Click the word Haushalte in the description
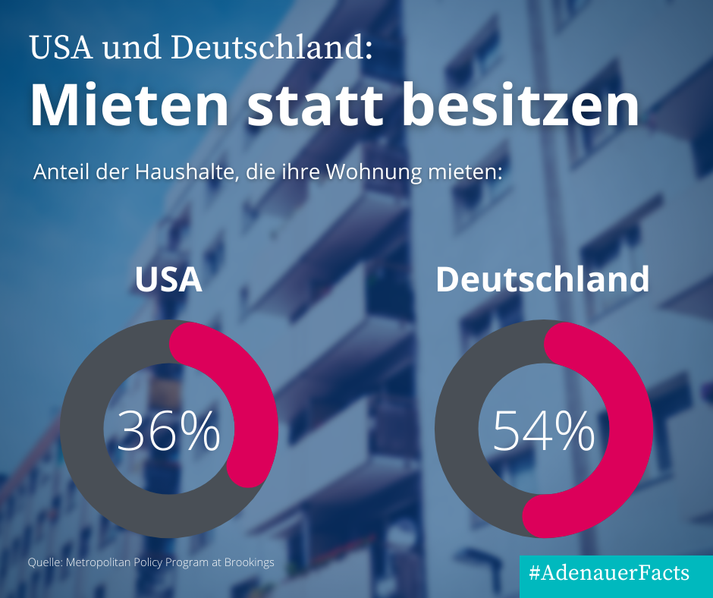(x=176, y=171)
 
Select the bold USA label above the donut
(x=168, y=279)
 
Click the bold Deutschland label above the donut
(x=542, y=279)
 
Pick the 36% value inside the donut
(x=168, y=431)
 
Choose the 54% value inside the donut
(x=543, y=431)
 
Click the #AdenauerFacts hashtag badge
(x=615, y=573)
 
